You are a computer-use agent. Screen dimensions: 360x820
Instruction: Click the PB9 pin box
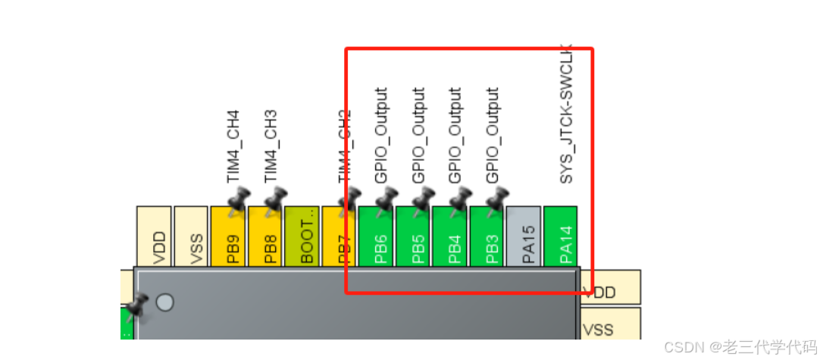click(x=228, y=236)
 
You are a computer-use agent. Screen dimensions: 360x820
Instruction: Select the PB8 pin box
click(x=265, y=236)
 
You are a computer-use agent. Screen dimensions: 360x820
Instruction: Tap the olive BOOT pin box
click(x=302, y=236)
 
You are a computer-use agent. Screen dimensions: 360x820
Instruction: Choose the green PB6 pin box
click(x=376, y=236)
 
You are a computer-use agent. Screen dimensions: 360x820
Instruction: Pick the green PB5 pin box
click(x=413, y=236)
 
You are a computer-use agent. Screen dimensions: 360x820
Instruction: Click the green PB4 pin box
click(x=450, y=236)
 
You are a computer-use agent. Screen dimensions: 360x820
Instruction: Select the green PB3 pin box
click(x=487, y=236)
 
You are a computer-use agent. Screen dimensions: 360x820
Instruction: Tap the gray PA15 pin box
click(x=524, y=236)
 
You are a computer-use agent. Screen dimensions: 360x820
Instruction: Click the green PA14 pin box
click(x=561, y=236)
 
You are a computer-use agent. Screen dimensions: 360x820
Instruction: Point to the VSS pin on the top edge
click(x=191, y=236)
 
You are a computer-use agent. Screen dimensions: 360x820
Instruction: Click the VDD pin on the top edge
click(x=154, y=236)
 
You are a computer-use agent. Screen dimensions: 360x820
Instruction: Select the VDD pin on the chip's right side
click(x=611, y=291)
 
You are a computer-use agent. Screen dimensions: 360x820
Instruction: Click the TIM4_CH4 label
click(x=233, y=146)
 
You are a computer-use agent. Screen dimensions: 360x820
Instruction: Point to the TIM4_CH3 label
click(x=270, y=146)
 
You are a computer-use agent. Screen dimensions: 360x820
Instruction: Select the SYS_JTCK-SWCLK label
click(x=565, y=117)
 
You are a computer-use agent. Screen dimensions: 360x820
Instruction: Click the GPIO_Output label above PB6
click(x=381, y=135)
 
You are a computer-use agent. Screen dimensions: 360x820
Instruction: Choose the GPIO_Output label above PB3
click(x=493, y=135)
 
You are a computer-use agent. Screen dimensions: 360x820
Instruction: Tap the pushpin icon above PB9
click(x=237, y=200)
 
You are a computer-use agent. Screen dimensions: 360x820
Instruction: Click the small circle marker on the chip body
click(x=164, y=302)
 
